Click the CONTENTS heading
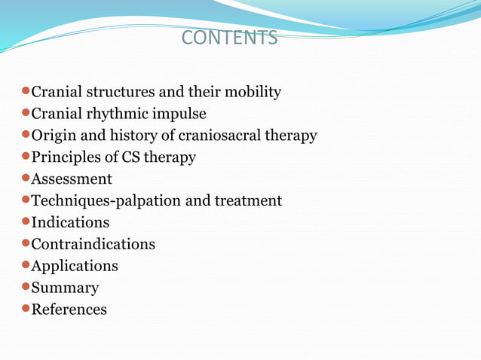[230, 38]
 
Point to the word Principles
[63, 158]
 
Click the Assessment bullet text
[72, 179]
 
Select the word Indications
[70, 223]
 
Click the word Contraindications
[93, 245]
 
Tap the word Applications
[75, 267]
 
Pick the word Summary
[65, 288]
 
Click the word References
[69, 310]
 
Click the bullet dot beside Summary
[25, 286]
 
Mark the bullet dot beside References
[25, 308]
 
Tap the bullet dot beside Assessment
[25, 178]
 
